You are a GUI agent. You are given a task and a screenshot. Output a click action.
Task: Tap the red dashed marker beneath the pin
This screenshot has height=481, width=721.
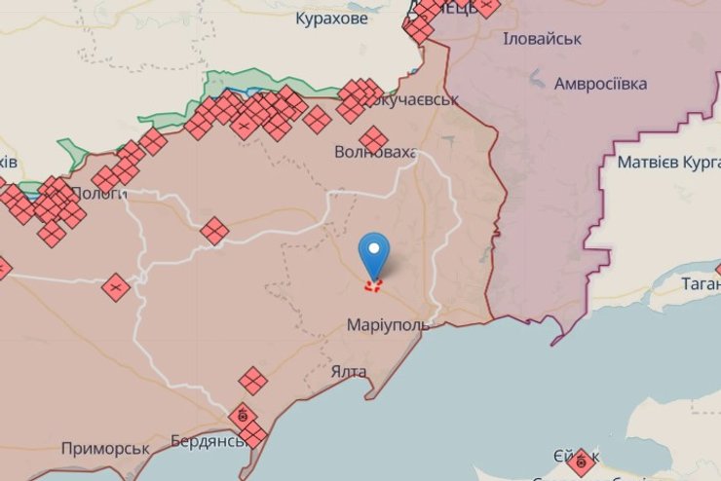[x=373, y=285]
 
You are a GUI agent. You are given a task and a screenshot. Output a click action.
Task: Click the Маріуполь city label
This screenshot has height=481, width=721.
[x=387, y=324]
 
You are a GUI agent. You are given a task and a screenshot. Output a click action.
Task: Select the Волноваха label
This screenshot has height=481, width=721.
[x=375, y=153]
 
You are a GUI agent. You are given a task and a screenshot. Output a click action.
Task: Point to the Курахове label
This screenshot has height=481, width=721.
[x=331, y=18]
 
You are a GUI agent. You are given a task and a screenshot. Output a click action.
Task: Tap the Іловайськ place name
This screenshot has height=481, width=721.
[x=542, y=38]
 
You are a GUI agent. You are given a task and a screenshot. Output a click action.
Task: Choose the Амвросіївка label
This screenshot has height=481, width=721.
[x=600, y=84]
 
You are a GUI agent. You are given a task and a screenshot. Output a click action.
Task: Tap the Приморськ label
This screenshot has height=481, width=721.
[x=104, y=448]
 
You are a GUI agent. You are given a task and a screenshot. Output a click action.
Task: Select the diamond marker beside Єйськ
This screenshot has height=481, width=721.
[x=582, y=462]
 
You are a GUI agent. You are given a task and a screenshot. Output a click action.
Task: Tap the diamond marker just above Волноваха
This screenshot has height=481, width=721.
[x=373, y=138]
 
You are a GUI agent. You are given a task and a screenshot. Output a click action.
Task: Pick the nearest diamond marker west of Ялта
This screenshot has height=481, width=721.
[x=253, y=380]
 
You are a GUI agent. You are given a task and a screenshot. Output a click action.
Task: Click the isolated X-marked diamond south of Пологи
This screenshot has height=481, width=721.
[x=116, y=287]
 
